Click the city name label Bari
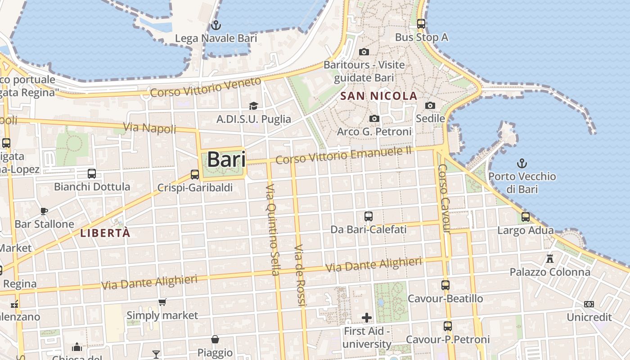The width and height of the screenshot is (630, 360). pos(226,160)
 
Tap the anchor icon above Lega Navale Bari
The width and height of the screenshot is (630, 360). pos(216,25)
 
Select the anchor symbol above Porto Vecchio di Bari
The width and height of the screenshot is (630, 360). pos(522,163)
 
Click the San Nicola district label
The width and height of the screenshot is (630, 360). pos(379,96)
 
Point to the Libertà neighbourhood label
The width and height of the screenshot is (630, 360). pos(105,233)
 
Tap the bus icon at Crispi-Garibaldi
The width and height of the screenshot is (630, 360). pos(195,174)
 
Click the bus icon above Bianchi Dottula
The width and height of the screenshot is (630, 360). pos(92,173)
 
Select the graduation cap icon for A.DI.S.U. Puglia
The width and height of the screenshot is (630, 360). pos(254,106)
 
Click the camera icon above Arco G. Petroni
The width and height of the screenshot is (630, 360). pos(374,118)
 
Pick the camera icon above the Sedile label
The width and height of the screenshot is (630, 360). pos(430,105)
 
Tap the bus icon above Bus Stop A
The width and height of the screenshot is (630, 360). pos(421,24)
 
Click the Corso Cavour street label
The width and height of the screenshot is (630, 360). pos(444,198)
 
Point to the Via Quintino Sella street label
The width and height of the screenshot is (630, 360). pos(273,229)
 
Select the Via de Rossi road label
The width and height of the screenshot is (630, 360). pos(300,276)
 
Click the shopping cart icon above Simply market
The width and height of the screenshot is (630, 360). pos(162,302)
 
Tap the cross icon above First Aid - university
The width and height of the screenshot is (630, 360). pos(367,318)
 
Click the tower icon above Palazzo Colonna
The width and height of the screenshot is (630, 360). pos(549,258)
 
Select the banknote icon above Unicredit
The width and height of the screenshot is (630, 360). pos(589,304)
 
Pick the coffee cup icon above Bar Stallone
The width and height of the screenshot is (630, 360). pos(44,211)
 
